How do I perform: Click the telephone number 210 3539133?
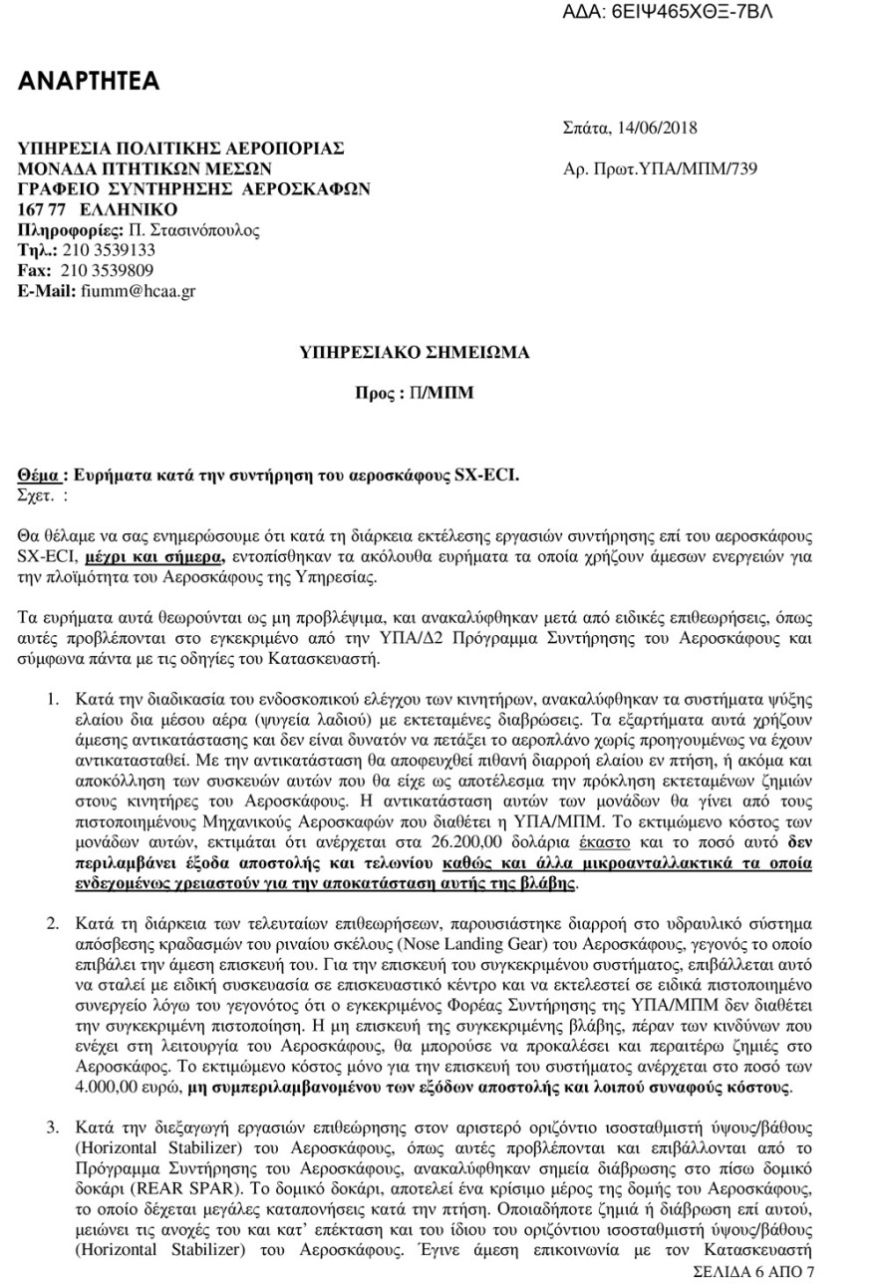(x=108, y=250)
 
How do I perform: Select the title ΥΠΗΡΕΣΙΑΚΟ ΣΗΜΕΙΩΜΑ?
(x=416, y=352)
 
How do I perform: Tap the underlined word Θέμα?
(x=42, y=477)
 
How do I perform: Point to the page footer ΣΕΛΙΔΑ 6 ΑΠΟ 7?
(x=753, y=1272)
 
